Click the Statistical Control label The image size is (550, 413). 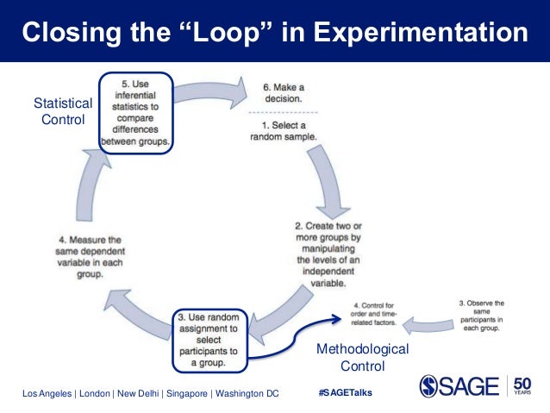[63, 112]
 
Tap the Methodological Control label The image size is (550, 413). [363, 357]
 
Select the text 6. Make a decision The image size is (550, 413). [283, 92]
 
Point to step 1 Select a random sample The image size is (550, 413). [283, 130]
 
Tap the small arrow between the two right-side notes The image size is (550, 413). [429, 323]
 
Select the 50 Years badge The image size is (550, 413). [523, 385]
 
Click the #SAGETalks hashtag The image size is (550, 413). [346, 393]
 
